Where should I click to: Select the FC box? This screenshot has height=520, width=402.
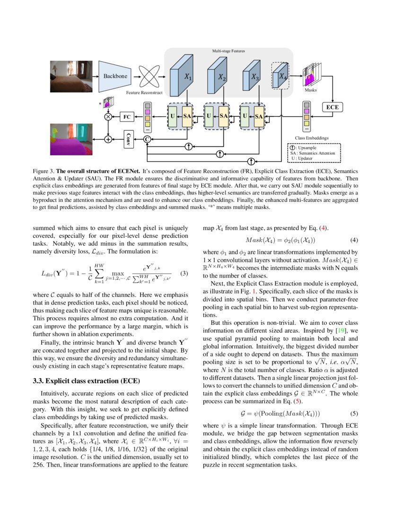point(126,116)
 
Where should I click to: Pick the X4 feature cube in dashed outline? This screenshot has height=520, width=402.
point(280,76)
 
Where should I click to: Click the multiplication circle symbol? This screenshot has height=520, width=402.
point(108,116)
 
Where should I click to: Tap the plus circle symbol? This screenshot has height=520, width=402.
point(108,139)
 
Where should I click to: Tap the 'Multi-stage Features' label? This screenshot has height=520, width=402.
point(228,50)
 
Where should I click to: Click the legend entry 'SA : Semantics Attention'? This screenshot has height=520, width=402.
point(313,153)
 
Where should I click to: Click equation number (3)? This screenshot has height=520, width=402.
point(185,274)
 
